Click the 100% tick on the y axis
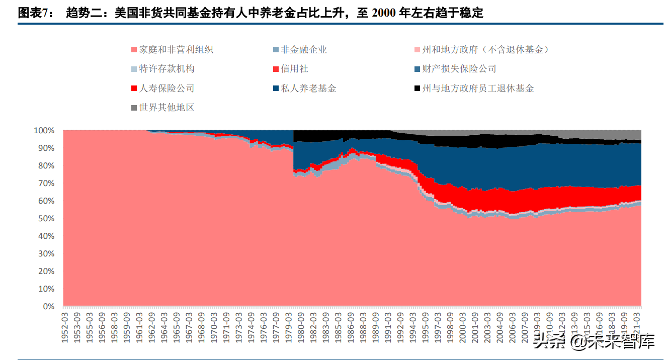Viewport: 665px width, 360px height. pos(44,131)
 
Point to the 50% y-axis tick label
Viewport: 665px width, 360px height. pos(46,219)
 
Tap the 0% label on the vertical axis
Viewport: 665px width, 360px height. pos(48,306)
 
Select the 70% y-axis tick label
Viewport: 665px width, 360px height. pos(46,184)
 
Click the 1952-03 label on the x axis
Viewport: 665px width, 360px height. pos(65,327)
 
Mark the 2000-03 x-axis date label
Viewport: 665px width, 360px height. pos(463,327)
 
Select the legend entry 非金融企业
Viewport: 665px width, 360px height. pos(304,49)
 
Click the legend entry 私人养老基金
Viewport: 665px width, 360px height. pos(308,88)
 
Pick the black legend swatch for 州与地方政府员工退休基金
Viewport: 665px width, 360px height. pos(417,89)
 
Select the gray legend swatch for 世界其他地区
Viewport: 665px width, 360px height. pos(134,108)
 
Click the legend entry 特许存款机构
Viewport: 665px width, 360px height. pos(167,69)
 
